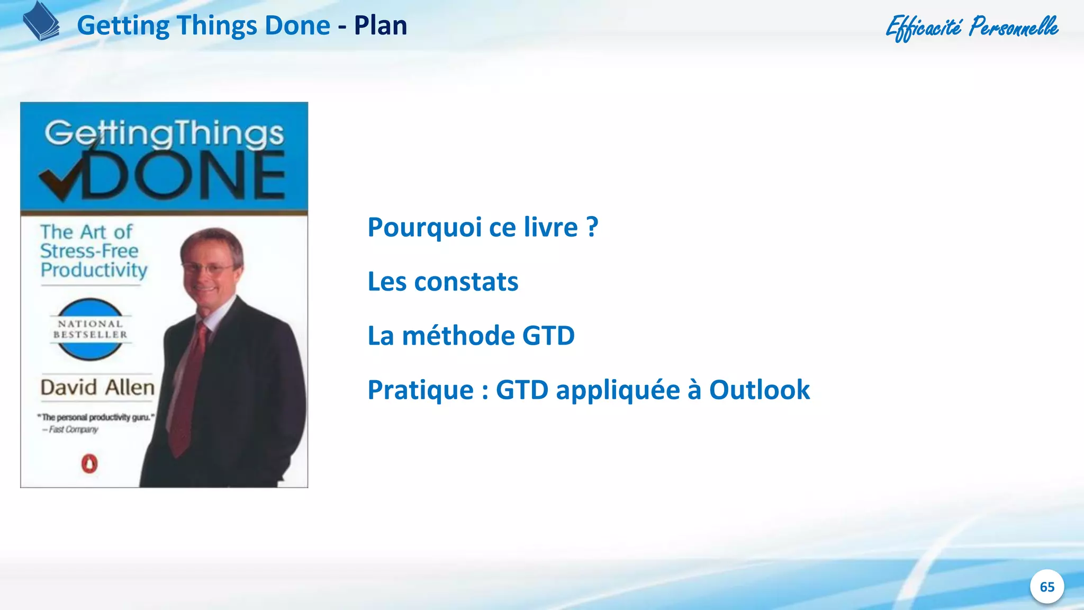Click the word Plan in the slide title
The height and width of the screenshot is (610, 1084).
[380, 25]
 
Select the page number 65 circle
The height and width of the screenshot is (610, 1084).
[1046, 587]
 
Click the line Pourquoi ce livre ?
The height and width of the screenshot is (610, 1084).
[483, 228]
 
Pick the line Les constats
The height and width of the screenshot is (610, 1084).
[442, 282]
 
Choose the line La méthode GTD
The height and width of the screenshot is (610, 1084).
[471, 336]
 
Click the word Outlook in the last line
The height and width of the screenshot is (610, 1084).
[759, 390]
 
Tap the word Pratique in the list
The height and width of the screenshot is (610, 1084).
[420, 390]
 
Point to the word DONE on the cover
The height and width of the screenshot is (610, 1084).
[185, 176]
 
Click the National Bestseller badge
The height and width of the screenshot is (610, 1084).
[90, 329]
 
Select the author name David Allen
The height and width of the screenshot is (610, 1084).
[97, 388]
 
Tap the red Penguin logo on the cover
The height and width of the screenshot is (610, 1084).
[89, 464]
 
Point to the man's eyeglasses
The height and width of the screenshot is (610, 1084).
[207, 268]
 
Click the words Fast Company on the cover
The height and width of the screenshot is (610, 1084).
[73, 429]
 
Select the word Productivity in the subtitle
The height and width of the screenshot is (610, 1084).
[94, 270]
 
